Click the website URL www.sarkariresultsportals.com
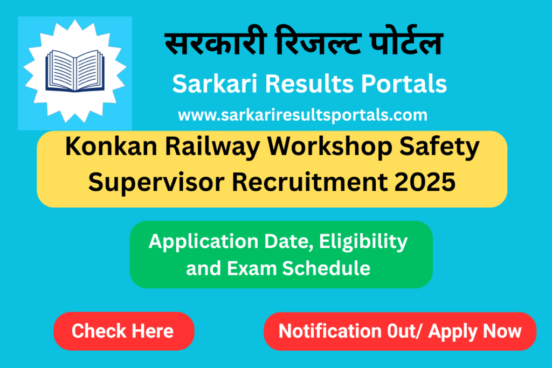click(x=302, y=115)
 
